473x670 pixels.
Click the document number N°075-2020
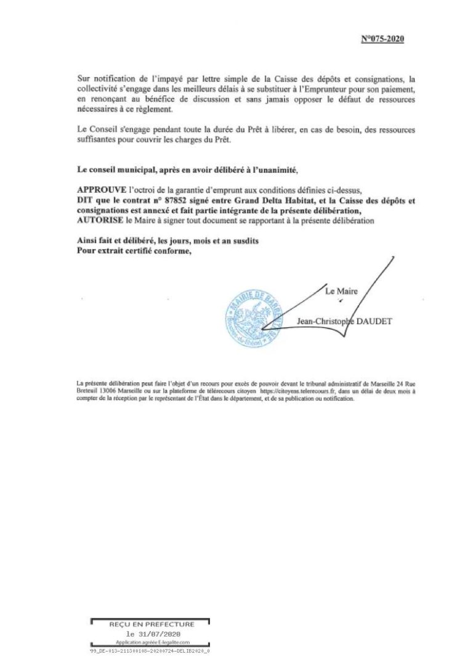tap(382, 39)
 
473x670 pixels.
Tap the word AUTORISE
tap(100, 221)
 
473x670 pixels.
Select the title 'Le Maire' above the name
tap(341, 291)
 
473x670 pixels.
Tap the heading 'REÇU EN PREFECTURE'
tap(152, 624)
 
